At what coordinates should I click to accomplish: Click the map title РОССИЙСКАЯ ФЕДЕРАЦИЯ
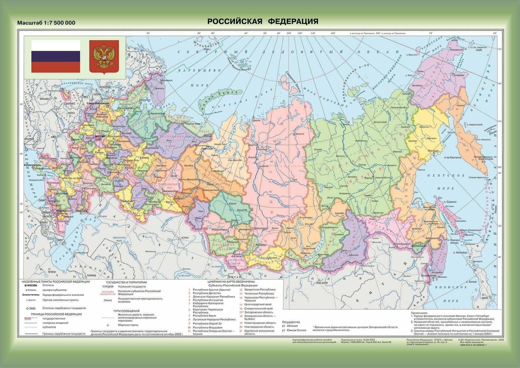click(263, 21)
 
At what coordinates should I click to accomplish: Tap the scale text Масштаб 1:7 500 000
click(46, 23)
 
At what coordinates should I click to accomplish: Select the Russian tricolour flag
click(55, 56)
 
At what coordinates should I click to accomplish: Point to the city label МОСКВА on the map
click(98, 136)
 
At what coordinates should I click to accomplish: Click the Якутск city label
click(369, 178)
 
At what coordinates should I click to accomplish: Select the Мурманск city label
click(166, 80)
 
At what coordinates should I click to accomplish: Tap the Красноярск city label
click(261, 228)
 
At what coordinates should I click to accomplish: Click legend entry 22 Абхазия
click(292, 326)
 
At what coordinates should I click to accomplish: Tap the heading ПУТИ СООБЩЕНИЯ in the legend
click(126, 311)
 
